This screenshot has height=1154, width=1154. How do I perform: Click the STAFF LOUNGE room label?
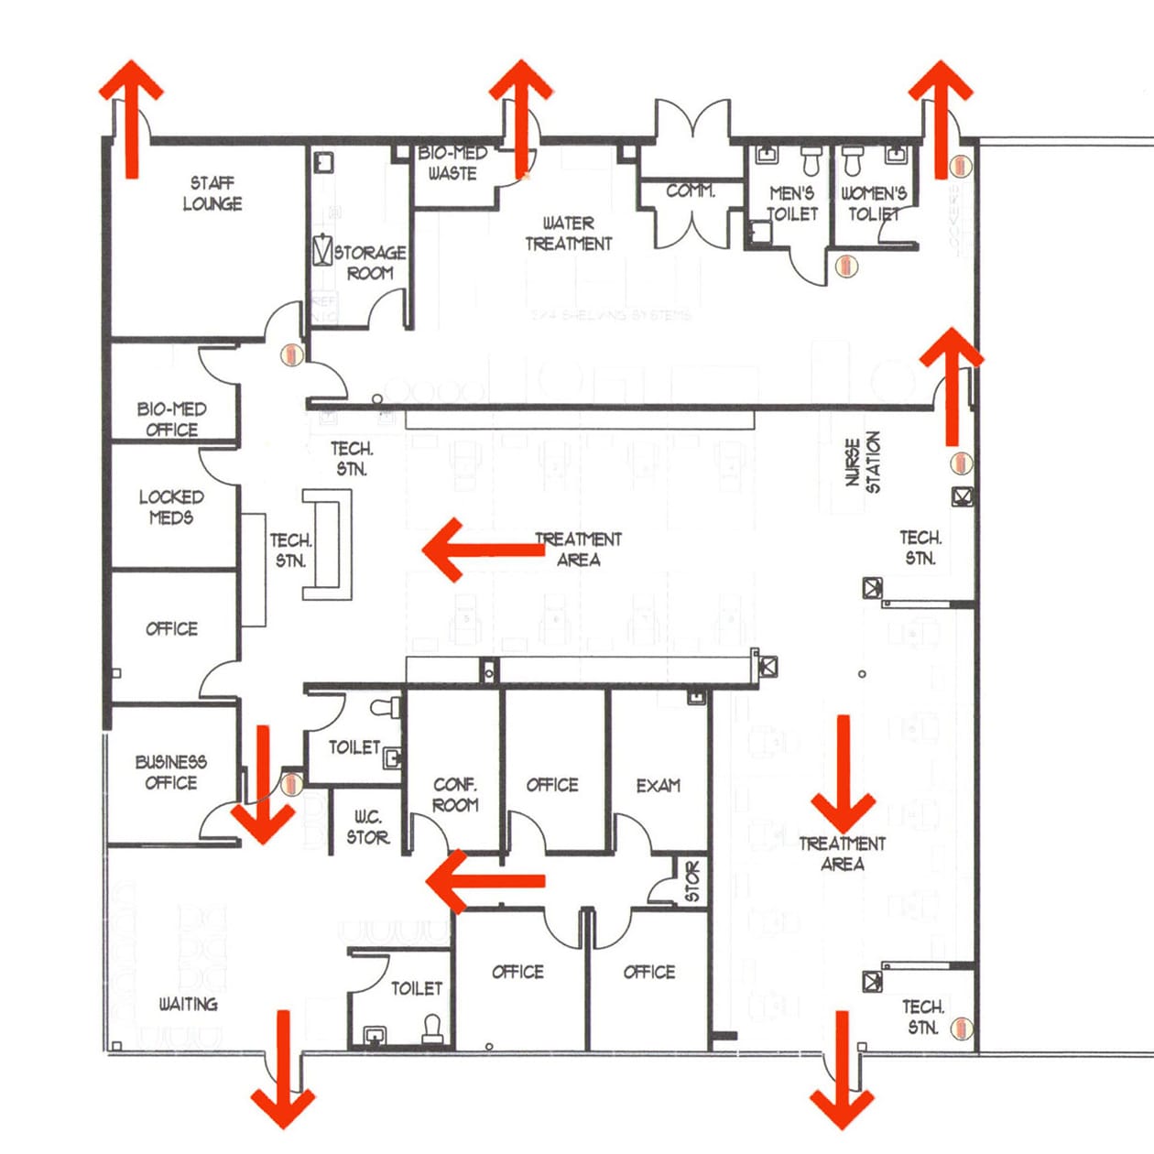tap(212, 193)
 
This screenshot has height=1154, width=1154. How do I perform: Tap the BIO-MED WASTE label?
tap(452, 162)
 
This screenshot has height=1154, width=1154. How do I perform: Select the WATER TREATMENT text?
tap(568, 234)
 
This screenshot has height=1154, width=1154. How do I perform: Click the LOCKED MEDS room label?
tap(171, 506)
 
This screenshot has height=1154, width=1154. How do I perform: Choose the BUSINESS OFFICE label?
tap(170, 772)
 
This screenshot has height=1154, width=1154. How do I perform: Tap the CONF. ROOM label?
tap(455, 795)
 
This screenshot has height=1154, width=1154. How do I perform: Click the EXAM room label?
tap(658, 786)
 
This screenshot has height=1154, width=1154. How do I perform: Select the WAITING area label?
tap(188, 1004)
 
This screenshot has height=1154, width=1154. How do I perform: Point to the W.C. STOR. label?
tap(368, 827)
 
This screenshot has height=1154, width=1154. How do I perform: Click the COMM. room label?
tap(690, 191)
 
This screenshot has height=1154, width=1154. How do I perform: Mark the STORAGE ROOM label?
tap(369, 262)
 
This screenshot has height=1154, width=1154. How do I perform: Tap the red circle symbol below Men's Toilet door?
tap(846, 266)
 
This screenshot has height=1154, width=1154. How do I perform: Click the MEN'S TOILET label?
tap(791, 203)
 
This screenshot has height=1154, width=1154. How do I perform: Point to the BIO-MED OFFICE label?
tap(171, 419)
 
